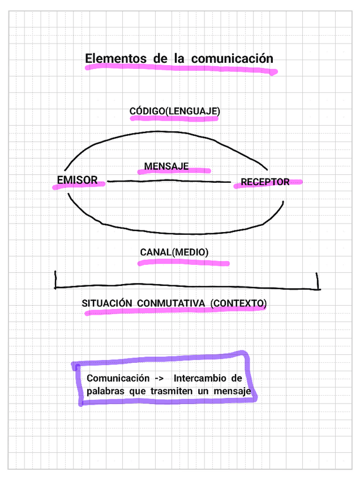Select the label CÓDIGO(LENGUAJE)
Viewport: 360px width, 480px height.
(175, 111)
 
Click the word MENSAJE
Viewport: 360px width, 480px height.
(166, 166)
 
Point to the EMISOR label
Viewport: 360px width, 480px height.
(77, 180)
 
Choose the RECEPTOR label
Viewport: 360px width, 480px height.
(265, 182)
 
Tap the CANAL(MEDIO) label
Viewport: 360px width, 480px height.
(174, 252)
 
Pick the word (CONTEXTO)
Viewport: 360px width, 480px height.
(238, 303)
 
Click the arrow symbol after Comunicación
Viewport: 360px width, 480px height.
(159, 378)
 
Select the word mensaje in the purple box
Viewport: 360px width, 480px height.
(234, 391)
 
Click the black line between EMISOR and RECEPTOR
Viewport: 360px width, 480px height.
(170, 181)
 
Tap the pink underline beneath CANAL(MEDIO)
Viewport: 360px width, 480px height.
(184, 263)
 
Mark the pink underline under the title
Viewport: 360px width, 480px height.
(181, 70)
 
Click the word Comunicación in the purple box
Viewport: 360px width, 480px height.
(118, 378)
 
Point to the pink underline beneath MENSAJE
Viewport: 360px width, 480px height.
(174, 170)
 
